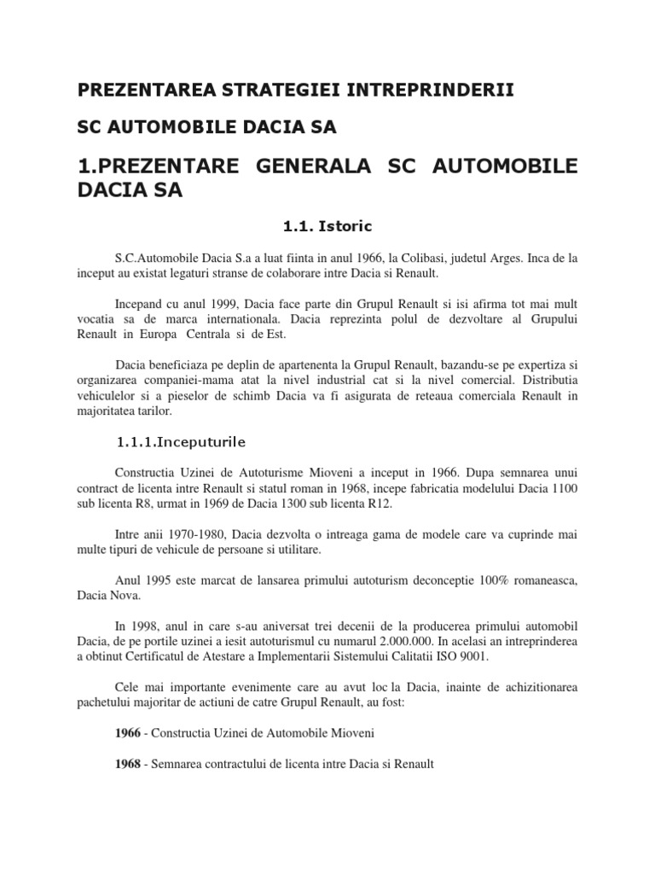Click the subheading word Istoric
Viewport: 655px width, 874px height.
click(x=345, y=227)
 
